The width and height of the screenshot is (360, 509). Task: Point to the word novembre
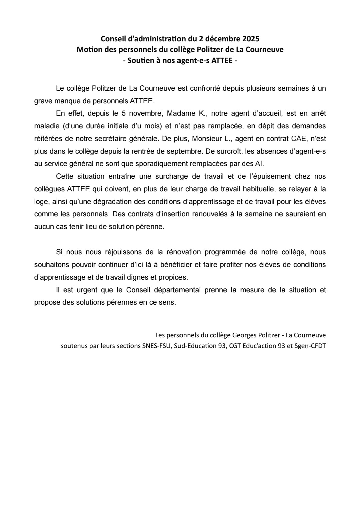point(145,113)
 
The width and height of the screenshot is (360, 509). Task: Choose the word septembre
point(184,151)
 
